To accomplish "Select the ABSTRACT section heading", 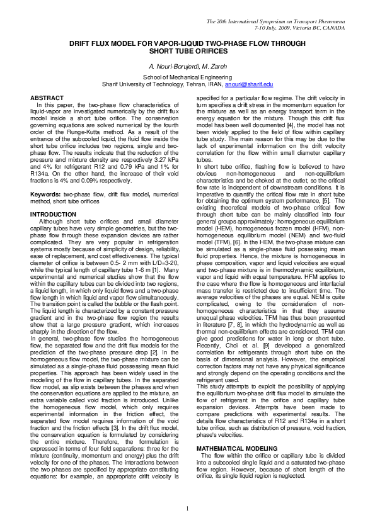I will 47,98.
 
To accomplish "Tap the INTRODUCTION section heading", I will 54,215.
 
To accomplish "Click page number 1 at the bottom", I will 187,509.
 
